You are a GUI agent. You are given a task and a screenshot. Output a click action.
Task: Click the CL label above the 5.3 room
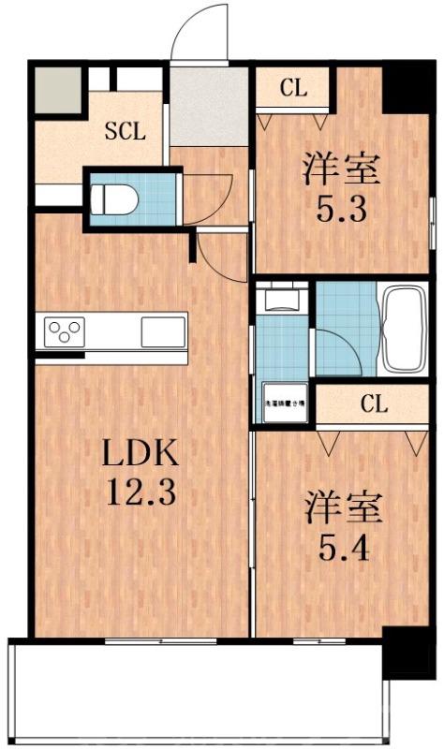(x=293, y=89)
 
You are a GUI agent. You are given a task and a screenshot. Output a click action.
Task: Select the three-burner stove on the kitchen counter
(x=66, y=331)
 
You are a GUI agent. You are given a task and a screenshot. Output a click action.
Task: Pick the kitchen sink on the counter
(x=163, y=331)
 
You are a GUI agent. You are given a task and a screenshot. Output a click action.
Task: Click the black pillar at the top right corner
(x=408, y=87)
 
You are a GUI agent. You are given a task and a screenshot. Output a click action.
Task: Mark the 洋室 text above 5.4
(x=341, y=508)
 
